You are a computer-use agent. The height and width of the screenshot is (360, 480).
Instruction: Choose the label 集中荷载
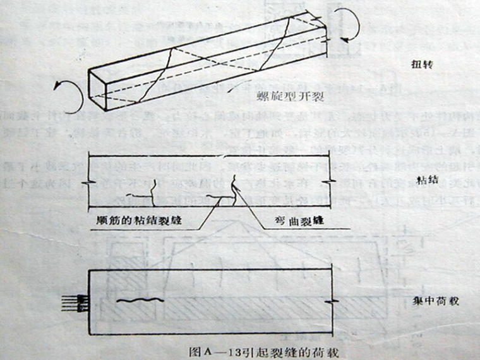pyautogui.click(x=433, y=301)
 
